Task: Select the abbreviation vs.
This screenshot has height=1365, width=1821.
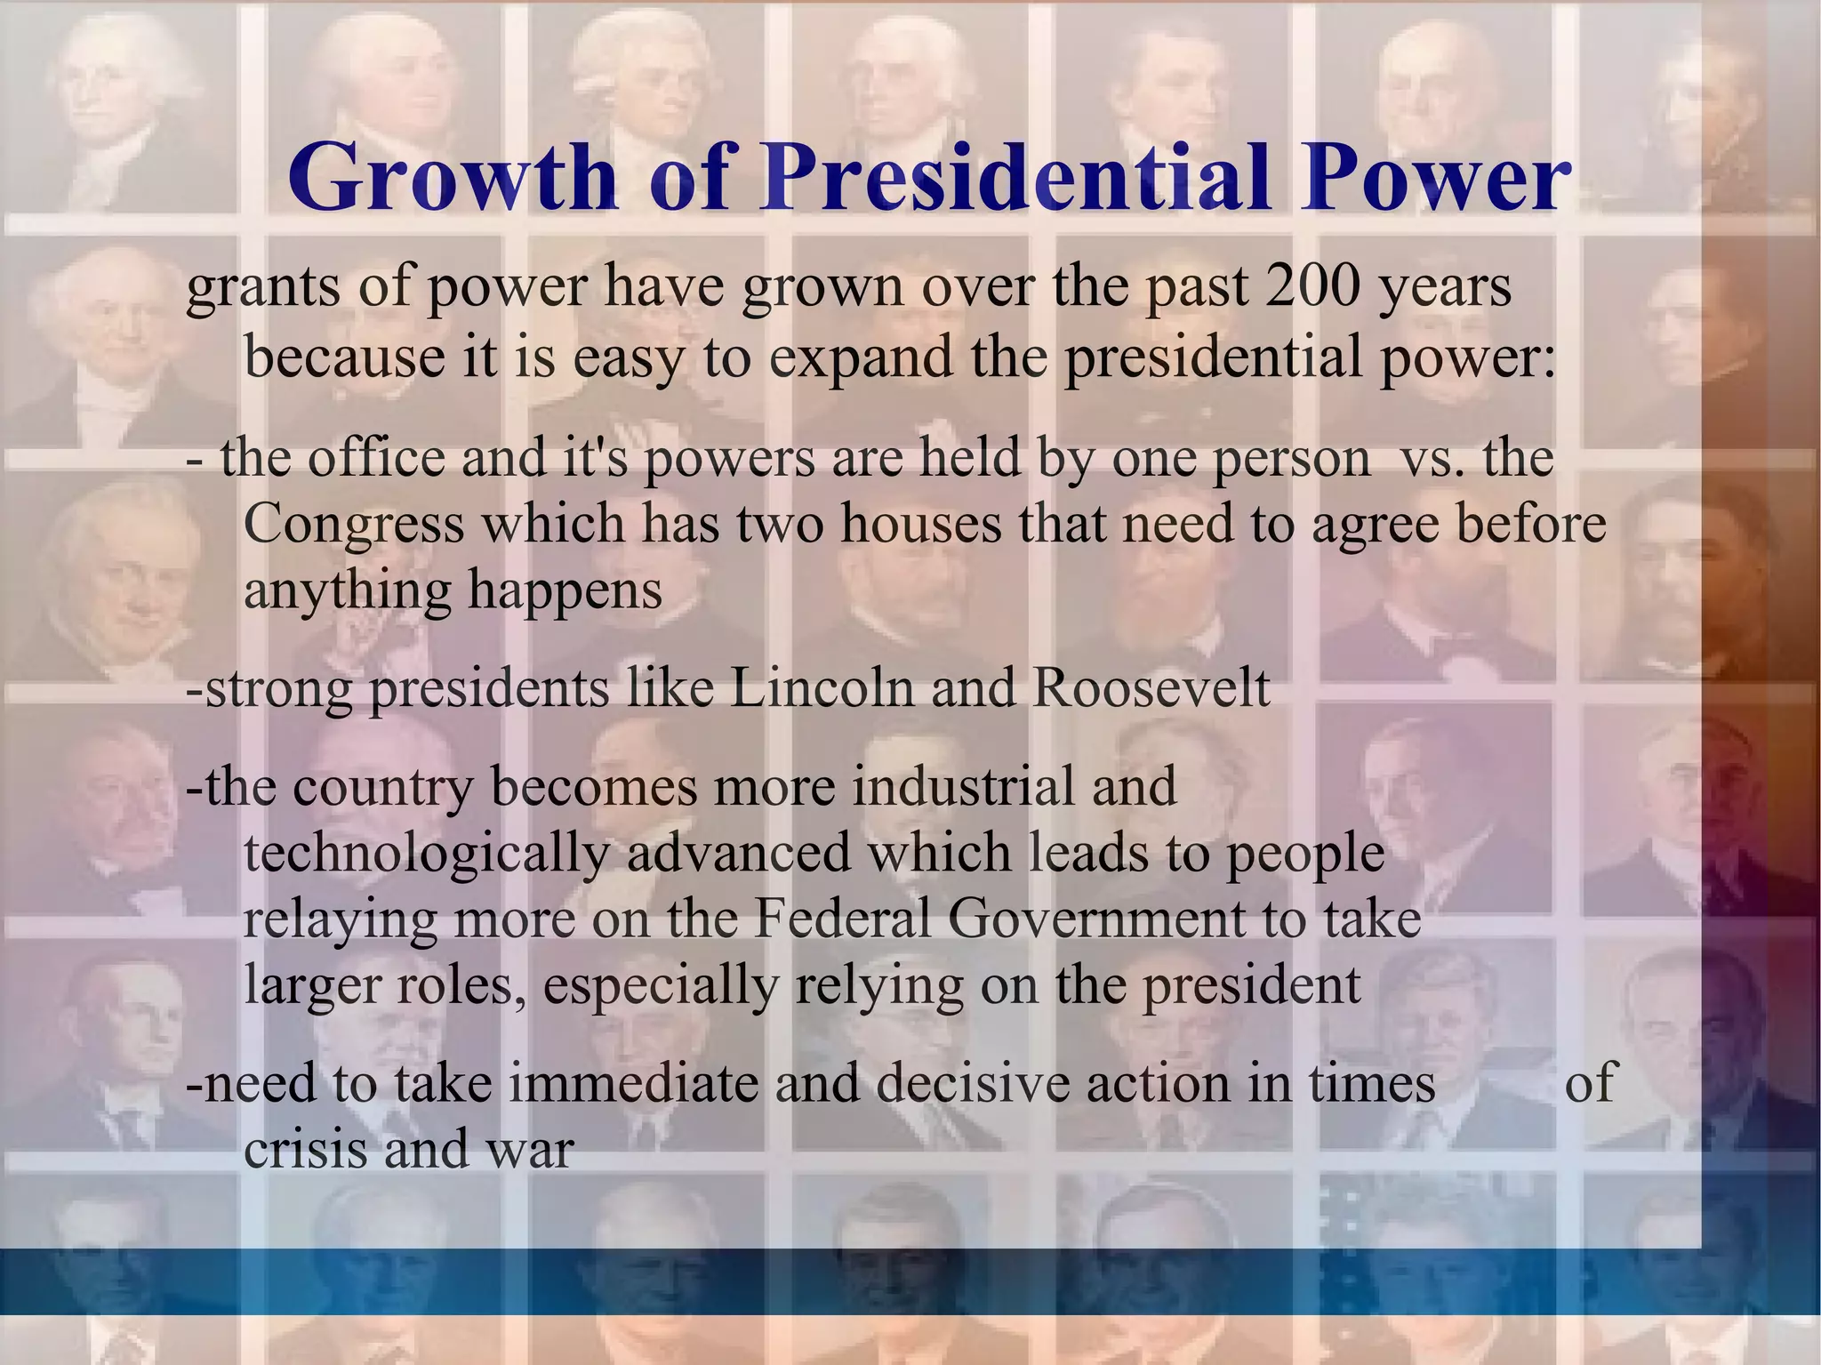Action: tap(1431, 459)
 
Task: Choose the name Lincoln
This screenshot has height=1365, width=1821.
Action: tap(822, 688)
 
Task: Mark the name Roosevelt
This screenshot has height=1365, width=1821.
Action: tap(1151, 688)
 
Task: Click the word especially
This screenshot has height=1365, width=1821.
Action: tap(660, 985)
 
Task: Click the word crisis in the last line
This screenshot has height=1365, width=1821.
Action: tap(305, 1149)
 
